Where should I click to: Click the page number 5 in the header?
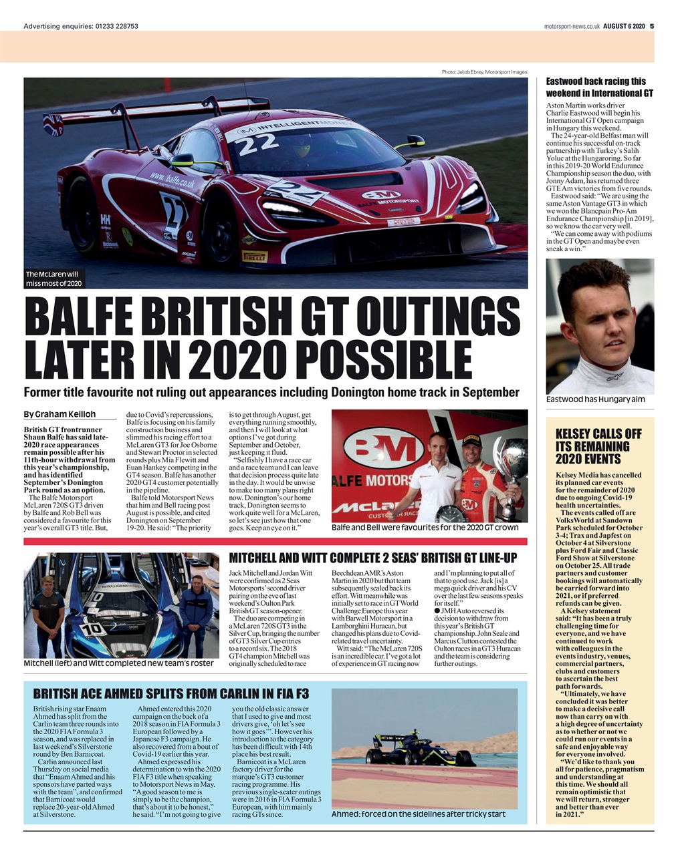click(x=652, y=26)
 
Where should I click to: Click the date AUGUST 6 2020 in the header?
click(x=623, y=26)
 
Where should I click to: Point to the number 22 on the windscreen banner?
click(x=257, y=141)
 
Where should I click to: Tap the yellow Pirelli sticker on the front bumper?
click(x=255, y=256)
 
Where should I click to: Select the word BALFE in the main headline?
click(x=92, y=316)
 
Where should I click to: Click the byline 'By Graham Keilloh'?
click(x=60, y=414)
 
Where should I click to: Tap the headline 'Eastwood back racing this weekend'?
click(x=599, y=87)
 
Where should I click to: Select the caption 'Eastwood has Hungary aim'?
click(x=586, y=399)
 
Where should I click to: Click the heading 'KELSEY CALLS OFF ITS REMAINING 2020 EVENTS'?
click(x=598, y=446)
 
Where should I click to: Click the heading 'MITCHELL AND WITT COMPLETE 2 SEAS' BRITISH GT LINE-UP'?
click(x=372, y=558)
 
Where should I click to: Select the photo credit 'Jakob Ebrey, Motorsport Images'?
click(x=483, y=72)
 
